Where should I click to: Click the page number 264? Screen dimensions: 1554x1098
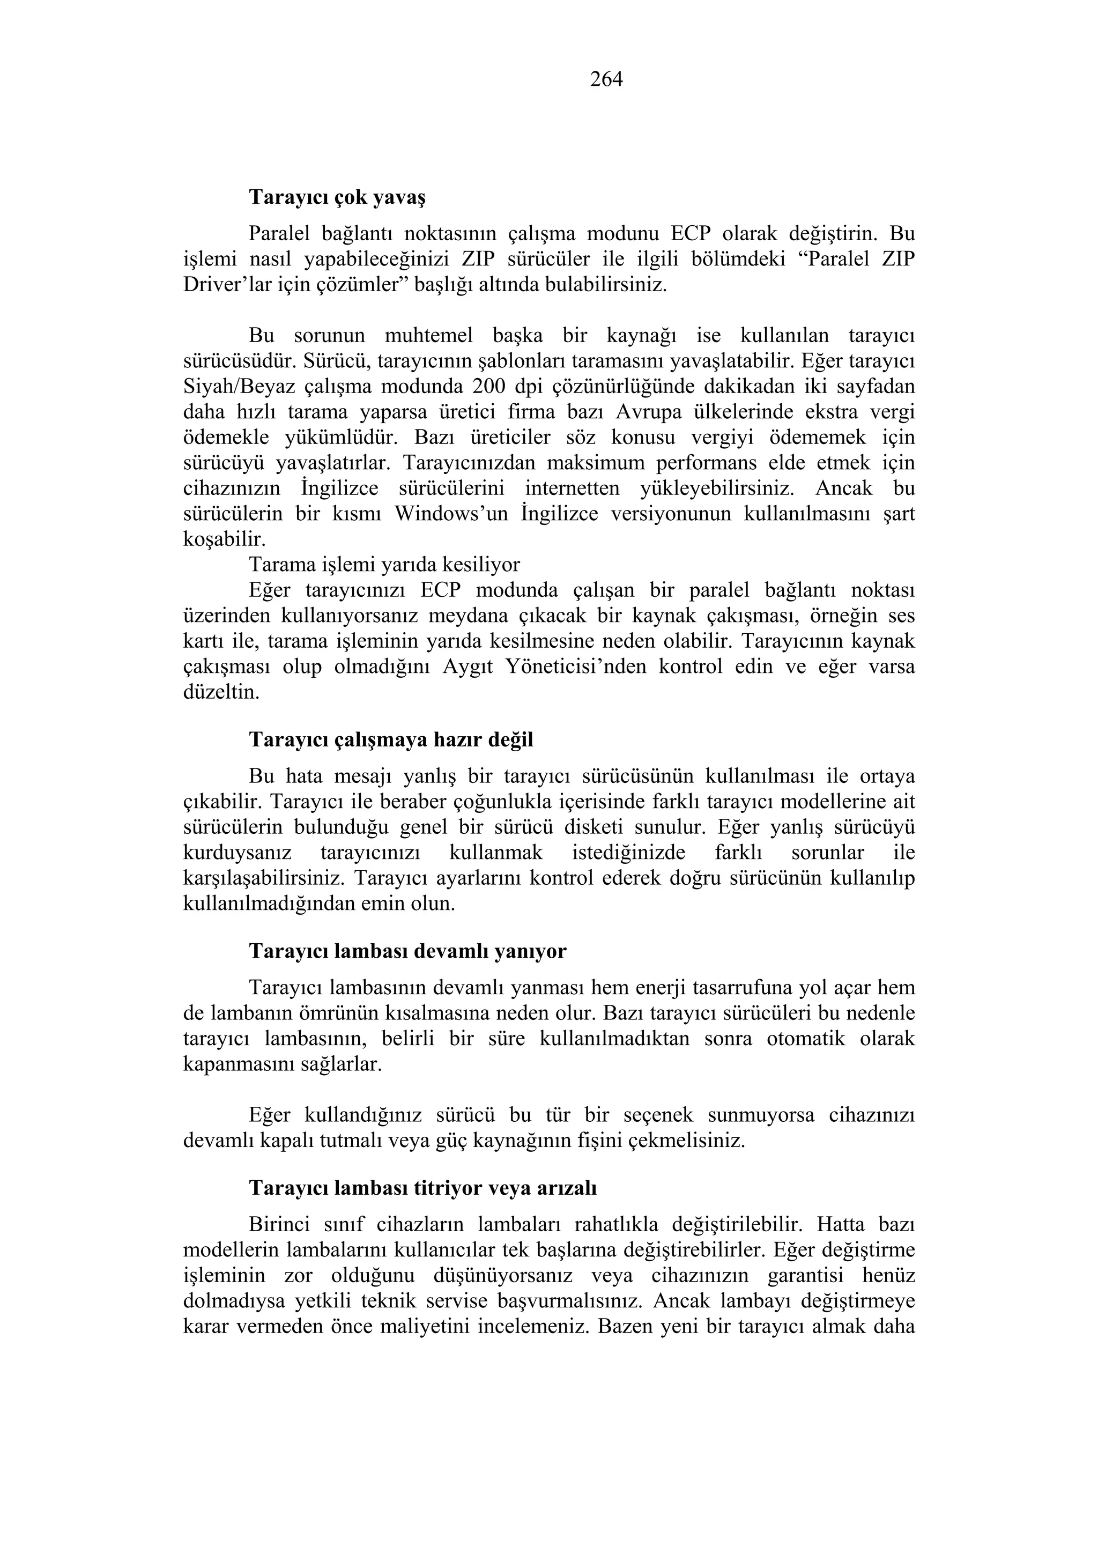pyautogui.click(x=606, y=79)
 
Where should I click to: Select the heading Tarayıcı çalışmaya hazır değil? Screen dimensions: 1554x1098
pyautogui.click(x=391, y=740)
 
